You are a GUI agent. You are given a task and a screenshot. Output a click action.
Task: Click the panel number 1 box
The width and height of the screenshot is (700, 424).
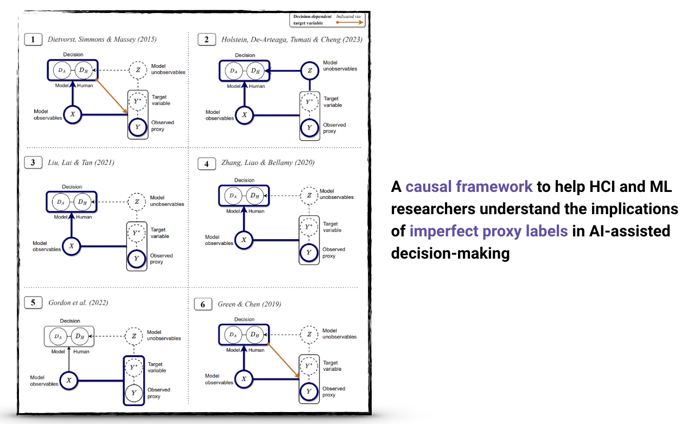coord(33,39)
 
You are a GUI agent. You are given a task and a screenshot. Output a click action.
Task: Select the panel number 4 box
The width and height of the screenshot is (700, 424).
coord(206,163)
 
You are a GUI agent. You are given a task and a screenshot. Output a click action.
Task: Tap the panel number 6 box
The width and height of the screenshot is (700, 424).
coord(203,304)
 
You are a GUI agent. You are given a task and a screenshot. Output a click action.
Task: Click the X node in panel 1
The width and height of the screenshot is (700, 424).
coord(72,114)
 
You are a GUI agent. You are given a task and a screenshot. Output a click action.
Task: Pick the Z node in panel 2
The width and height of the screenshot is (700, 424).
coord(310,70)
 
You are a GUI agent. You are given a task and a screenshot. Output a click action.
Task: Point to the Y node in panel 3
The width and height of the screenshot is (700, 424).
coord(137,259)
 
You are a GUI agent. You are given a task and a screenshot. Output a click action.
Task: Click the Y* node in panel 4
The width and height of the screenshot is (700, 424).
coord(309,227)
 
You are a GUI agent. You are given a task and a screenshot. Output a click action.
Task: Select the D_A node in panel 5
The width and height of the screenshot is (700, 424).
coord(58,337)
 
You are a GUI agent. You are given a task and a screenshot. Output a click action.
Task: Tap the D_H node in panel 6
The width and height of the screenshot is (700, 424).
coord(254,335)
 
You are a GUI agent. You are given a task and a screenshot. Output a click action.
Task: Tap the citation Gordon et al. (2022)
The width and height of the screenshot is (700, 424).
coord(78,303)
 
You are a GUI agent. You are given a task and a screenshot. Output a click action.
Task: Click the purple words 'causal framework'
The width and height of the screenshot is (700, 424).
coord(469,187)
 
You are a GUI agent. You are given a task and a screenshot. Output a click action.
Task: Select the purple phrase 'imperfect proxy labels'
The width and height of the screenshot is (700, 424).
coord(488,231)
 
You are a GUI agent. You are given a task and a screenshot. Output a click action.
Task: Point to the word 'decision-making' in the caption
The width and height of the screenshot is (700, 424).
coord(450,253)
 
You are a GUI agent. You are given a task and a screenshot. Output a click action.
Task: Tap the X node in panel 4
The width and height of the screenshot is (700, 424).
coord(244,240)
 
